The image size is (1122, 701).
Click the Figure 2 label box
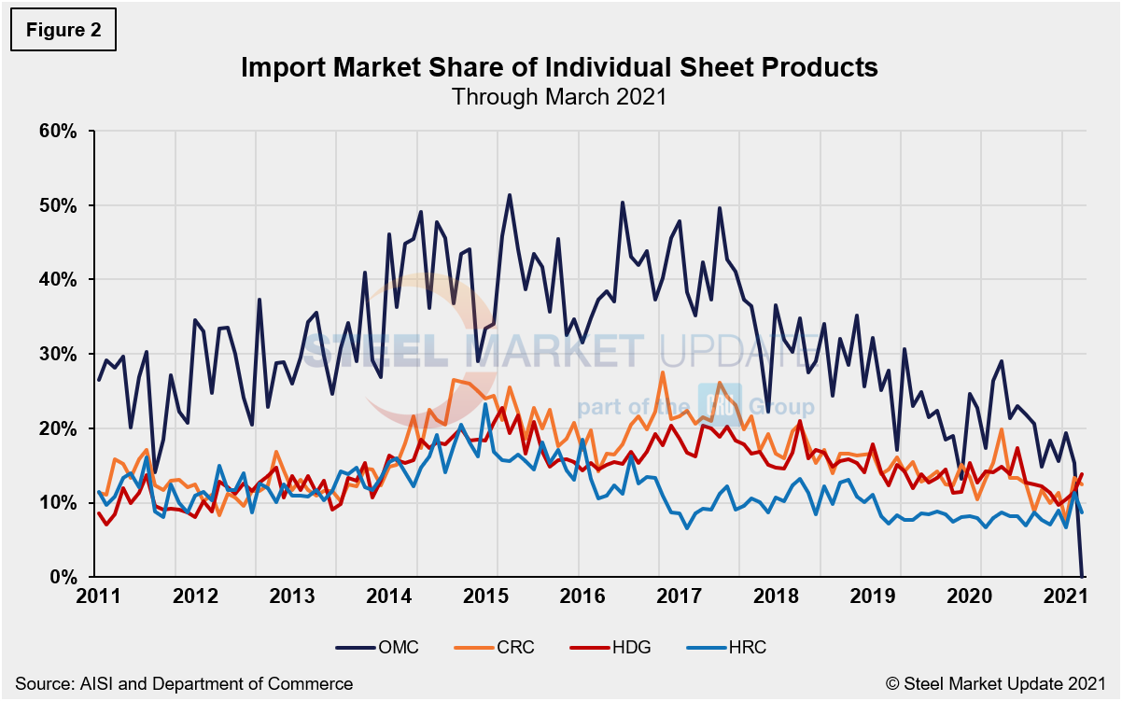pyautogui.click(x=63, y=30)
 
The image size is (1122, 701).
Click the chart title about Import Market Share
pyautogui.click(x=559, y=67)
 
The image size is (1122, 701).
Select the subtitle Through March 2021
pyautogui.click(x=559, y=96)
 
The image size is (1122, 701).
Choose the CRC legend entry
pyautogui.click(x=498, y=646)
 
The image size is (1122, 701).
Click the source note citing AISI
pyautogui.click(x=184, y=683)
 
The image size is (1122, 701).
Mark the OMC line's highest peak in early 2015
pyautogui.click(x=509, y=195)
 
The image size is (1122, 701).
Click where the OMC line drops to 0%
pyautogui.click(x=1082, y=576)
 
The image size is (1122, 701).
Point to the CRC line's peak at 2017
pyautogui.click(x=663, y=372)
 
